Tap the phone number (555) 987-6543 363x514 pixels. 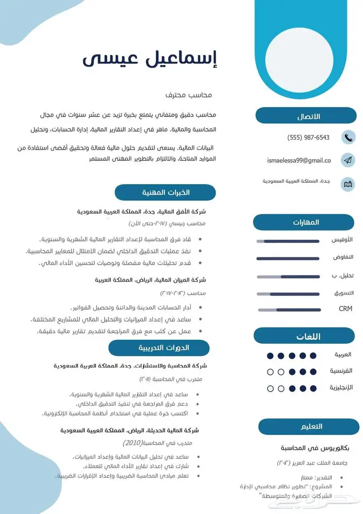click(x=309, y=137)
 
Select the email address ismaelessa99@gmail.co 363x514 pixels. click(x=299, y=161)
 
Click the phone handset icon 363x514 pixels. click(x=348, y=137)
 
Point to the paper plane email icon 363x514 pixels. click(x=348, y=161)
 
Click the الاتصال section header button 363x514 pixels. click(x=306, y=116)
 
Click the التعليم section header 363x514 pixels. click(x=309, y=426)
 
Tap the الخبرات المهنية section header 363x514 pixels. click(x=165, y=192)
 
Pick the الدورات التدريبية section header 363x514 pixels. click(x=159, y=348)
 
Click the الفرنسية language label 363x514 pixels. click(x=341, y=371)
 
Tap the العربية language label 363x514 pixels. click(x=343, y=355)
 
